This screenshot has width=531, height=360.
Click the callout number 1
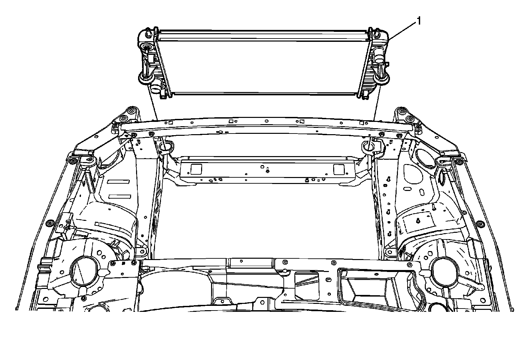click(x=419, y=21)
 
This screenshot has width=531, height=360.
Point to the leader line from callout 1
click(x=401, y=31)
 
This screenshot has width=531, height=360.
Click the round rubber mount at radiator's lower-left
click(x=145, y=78)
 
